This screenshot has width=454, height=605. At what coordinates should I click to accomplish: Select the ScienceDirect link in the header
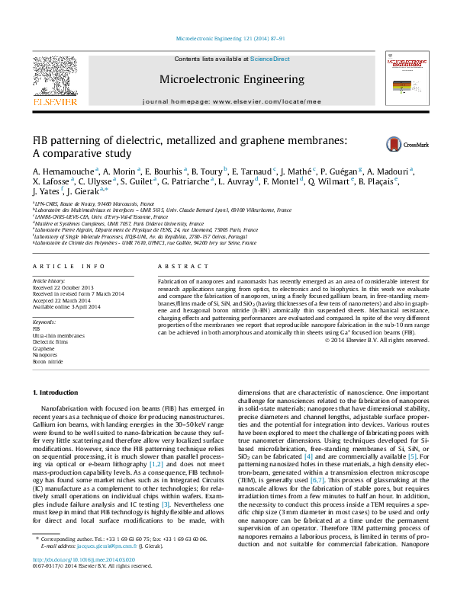coord(270,59)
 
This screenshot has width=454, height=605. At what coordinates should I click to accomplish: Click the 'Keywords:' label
coord(44,322)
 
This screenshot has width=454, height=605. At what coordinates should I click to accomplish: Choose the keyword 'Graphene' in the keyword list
coord(43,347)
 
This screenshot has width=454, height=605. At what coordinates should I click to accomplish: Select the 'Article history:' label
coord(48,281)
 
